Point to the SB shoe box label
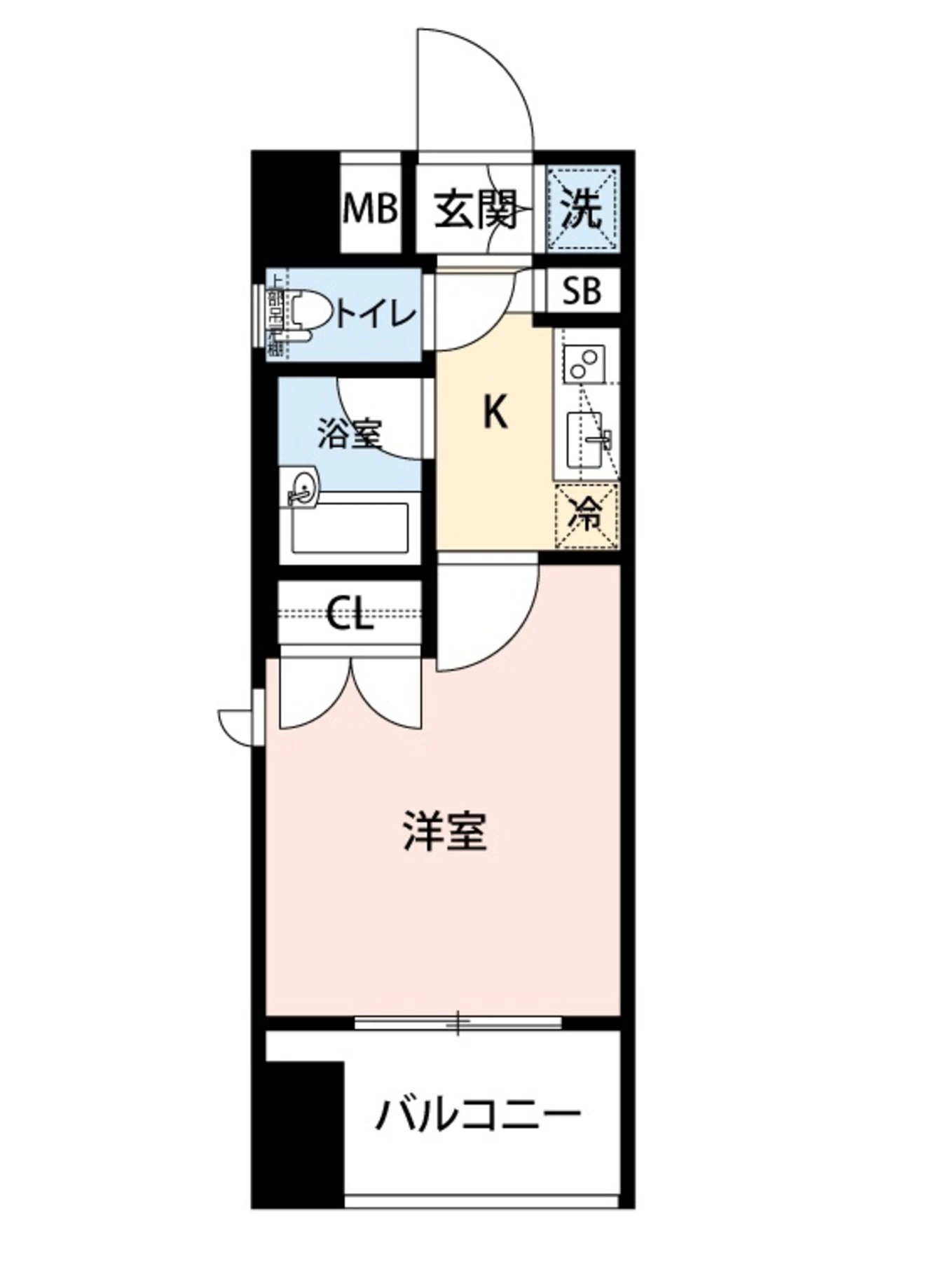(x=582, y=290)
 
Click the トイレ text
(x=376, y=315)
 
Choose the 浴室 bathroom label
(x=348, y=433)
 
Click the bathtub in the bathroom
(x=350, y=528)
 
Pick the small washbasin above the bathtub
(x=303, y=485)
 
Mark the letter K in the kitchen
(x=495, y=412)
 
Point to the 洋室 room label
(x=445, y=832)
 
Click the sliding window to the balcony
(x=458, y=1023)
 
